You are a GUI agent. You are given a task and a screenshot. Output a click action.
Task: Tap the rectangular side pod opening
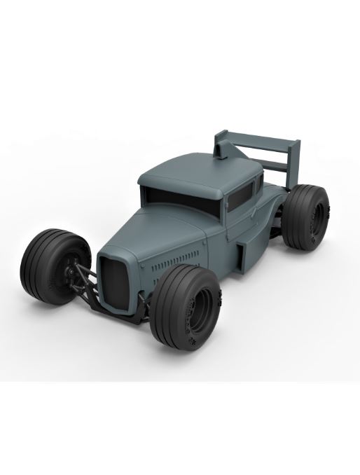pyautogui.click(x=242, y=255)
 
